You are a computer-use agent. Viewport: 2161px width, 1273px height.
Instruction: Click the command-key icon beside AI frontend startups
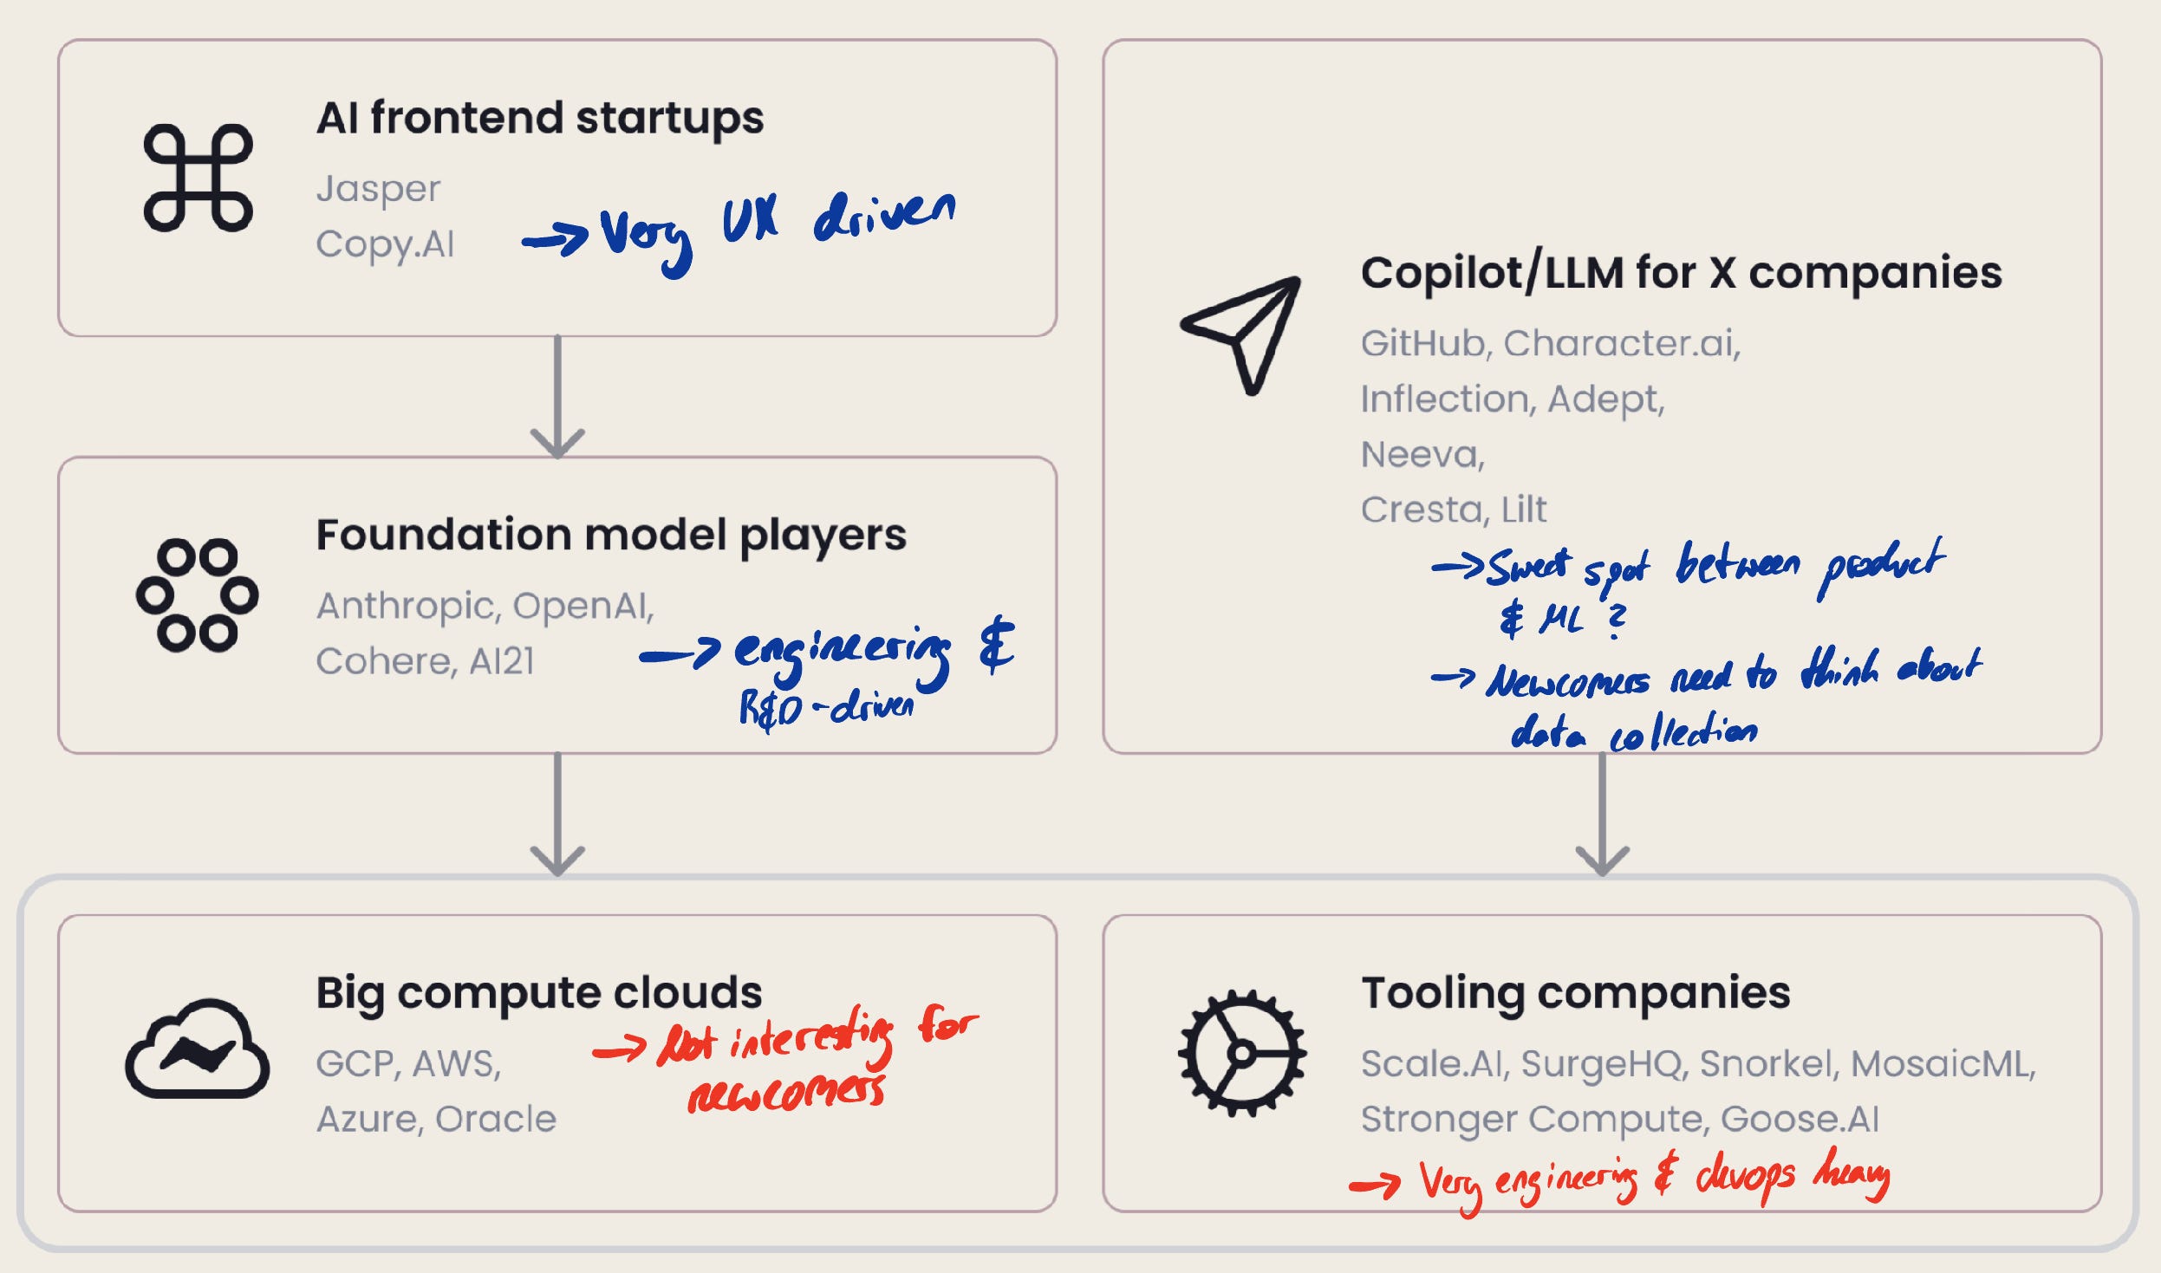click(x=198, y=178)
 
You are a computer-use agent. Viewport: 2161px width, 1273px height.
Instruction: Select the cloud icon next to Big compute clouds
click(x=198, y=1049)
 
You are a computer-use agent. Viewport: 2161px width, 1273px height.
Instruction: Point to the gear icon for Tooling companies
click(x=1242, y=1053)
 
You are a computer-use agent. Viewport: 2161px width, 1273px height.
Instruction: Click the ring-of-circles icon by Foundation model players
click(x=198, y=595)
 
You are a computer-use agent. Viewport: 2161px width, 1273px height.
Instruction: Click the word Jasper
click(x=378, y=190)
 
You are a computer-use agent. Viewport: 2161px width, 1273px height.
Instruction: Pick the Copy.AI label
click(x=385, y=245)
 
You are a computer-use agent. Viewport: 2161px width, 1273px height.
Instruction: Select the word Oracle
click(x=495, y=1119)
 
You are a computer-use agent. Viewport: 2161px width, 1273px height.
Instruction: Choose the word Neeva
click(x=1422, y=455)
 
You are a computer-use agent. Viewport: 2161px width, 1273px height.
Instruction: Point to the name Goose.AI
click(x=1800, y=1119)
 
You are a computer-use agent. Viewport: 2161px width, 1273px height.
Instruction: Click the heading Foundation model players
click(x=610, y=535)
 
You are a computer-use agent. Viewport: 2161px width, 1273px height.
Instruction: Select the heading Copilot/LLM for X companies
click(x=1681, y=273)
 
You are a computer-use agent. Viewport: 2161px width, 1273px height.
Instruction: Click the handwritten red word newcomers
click(x=786, y=1094)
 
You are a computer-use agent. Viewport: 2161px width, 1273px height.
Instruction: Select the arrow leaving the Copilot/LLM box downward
click(x=1602, y=815)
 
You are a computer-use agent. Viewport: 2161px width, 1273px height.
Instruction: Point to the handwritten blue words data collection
click(x=1634, y=733)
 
